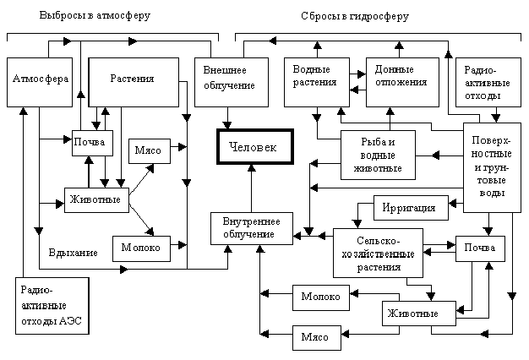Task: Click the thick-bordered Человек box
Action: [x=255, y=147]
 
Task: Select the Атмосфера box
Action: [x=40, y=82]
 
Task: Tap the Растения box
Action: [x=134, y=82]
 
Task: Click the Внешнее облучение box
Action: [x=232, y=82]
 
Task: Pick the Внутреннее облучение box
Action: [x=252, y=228]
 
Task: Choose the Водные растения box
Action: [x=317, y=82]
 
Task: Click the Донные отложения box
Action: [x=403, y=82]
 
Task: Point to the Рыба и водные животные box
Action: [x=378, y=155]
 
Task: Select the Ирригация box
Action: [x=411, y=208]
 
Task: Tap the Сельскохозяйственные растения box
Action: [x=378, y=253]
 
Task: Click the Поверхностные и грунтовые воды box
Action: [x=492, y=167]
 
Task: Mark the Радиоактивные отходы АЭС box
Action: [x=52, y=306]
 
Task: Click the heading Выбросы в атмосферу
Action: [x=95, y=15]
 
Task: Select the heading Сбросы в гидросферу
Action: [x=355, y=16]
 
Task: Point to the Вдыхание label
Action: [x=74, y=253]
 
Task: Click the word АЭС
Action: [x=70, y=320]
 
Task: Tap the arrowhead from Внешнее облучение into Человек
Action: [x=227, y=125]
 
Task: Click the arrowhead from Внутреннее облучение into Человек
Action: [x=252, y=168]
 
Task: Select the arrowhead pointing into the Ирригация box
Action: [x=453, y=204]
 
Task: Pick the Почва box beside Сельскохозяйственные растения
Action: [x=480, y=248]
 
